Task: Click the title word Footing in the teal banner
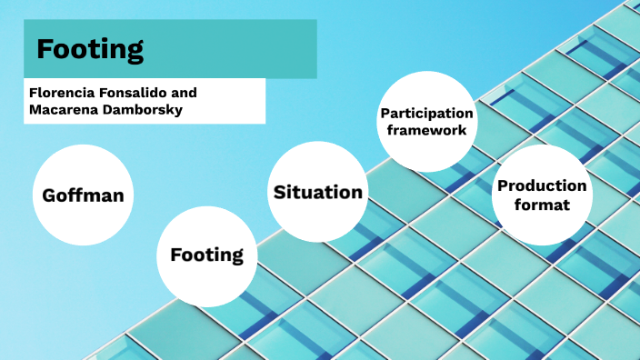[90, 48]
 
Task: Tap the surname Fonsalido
[135, 93]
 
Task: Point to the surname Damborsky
[144, 110]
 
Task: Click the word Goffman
[83, 195]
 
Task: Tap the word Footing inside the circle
[206, 255]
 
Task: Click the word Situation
[317, 192]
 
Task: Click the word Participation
[426, 114]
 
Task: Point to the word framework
[426, 130]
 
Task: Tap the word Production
[542, 186]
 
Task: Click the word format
[542, 205]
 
